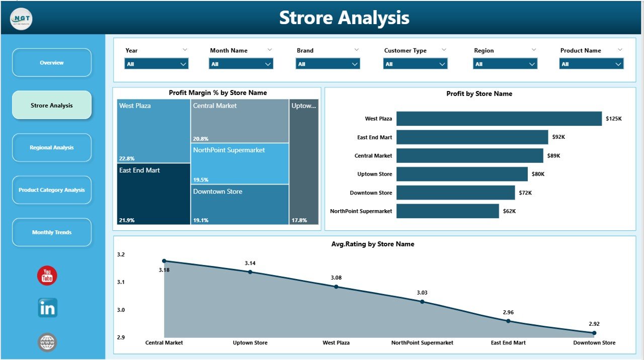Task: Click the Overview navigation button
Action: click(52, 63)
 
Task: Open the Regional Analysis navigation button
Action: click(52, 148)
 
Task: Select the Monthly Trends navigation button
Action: click(52, 232)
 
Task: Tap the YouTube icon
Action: click(47, 276)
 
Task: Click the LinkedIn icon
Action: click(48, 308)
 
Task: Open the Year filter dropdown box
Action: click(156, 64)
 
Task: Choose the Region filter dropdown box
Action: click(505, 64)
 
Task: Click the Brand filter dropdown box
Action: click(328, 64)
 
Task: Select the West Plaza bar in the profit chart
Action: click(499, 119)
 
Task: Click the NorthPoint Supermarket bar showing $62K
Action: click(447, 211)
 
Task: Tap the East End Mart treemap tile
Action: click(153, 194)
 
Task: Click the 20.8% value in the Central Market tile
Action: click(200, 139)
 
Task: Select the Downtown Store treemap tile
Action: click(239, 204)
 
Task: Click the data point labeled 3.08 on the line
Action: click(336, 287)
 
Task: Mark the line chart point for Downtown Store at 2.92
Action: click(594, 333)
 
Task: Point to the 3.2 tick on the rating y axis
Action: click(121, 255)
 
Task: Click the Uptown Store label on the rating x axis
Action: click(250, 343)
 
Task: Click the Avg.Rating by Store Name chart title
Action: click(373, 244)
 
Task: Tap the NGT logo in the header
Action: click(21, 19)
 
